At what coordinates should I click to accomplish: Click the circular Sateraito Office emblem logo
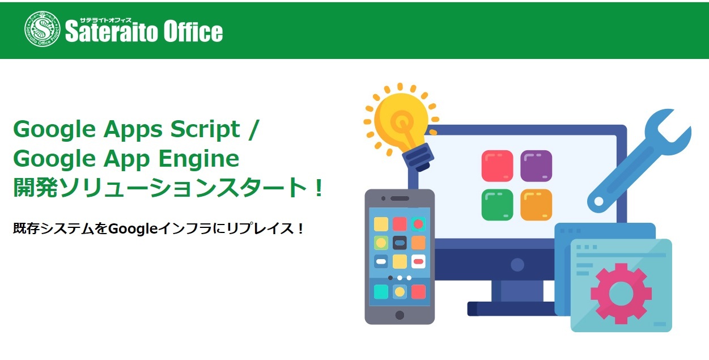click(x=42, y=29)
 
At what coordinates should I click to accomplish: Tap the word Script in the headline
click(x=205, y=130)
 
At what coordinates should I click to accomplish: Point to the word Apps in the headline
click(x=133, y=130)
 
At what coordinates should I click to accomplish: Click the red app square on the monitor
click(x=497, y=166)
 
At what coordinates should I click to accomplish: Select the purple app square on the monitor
click(x=536, y=166)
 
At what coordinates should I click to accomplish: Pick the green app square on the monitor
click(x=497, y=205)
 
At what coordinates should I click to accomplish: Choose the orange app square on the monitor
click(x=536, y=205)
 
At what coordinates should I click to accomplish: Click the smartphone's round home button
click(x=400, y=315)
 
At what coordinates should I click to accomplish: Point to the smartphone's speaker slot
click(x=400, y=198)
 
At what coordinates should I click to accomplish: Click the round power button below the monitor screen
click(x=517, y=265)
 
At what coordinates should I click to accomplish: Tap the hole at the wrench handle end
click(x=598, y=201)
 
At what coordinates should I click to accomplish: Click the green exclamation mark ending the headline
click(x=319, y=188)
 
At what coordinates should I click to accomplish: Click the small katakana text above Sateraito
click(x=105, y=20)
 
